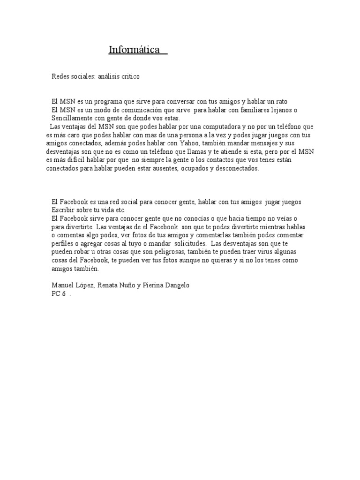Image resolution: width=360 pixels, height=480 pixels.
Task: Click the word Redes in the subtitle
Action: (60, 76)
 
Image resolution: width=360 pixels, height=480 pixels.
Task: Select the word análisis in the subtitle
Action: (110, 76)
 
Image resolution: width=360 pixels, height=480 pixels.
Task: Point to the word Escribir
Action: (63, 210)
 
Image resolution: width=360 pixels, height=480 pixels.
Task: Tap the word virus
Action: (257, 252)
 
